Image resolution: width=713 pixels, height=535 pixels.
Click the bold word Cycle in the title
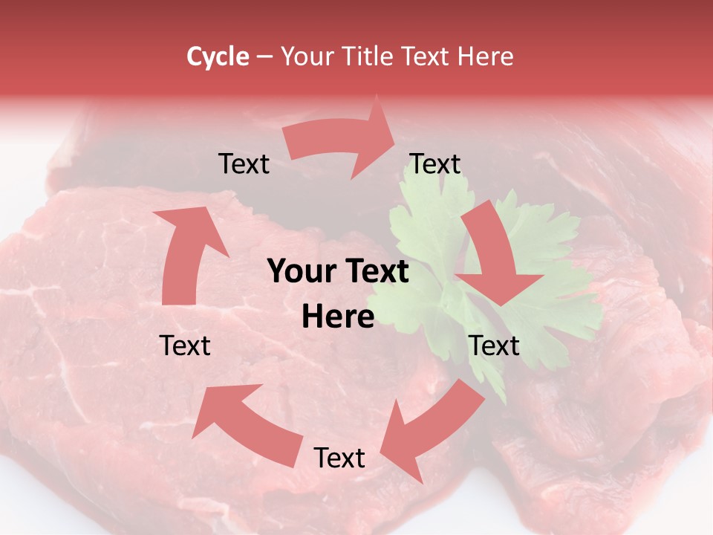tap(218, 56)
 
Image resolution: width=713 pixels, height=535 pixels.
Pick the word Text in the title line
tap(427, 56)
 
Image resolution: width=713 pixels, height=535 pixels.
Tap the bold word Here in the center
tap(338, 317)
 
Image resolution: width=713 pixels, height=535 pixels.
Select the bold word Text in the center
tap(377, 272)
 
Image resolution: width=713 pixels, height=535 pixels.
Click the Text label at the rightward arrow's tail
tap(244, 164)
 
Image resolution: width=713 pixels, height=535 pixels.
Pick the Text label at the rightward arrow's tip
tap(435, 164)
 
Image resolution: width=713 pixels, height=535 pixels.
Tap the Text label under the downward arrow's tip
tap(494, 346)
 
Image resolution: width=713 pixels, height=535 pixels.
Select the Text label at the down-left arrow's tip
tap(339, 458)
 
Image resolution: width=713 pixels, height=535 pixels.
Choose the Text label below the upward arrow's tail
tap(185, 346)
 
